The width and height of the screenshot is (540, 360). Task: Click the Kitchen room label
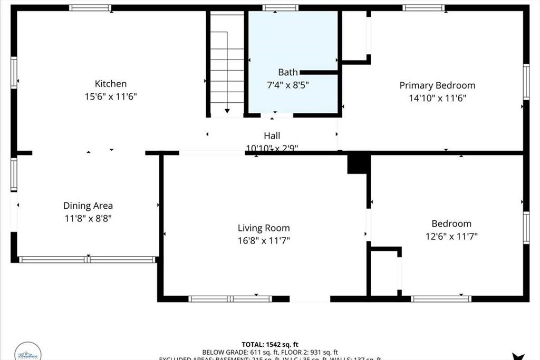point(110,84)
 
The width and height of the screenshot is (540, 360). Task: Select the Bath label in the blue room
point(288,72)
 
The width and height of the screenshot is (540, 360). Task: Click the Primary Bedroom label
point(437,85)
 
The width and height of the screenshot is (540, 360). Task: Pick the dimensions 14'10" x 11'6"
point(437,98)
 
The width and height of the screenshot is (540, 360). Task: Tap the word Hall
point(272,136)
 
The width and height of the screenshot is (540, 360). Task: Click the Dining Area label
point(88,206)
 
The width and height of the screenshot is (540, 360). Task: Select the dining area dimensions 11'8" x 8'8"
point(88,218)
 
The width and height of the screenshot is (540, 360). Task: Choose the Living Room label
point(264,228)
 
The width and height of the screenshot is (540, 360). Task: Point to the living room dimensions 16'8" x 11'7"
point(264,240)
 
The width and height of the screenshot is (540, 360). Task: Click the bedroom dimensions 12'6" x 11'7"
point(451,237)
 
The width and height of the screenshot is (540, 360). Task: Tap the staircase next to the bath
point(227,63)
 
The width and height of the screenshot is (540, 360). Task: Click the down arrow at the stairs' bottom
point(227,110)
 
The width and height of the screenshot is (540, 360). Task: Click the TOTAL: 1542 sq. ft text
point(271,344)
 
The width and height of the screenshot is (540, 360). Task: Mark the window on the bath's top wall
point(280,8)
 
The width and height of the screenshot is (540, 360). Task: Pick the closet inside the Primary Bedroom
point(354,35)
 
